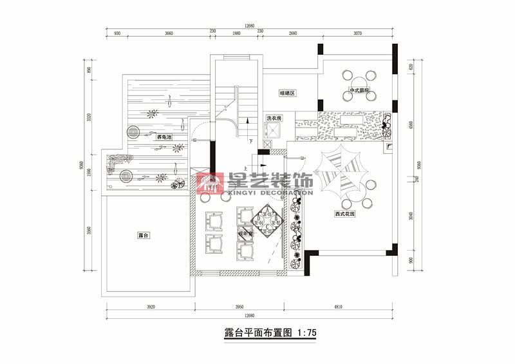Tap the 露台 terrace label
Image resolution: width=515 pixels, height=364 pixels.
pyautogui.click(x=144, y=236)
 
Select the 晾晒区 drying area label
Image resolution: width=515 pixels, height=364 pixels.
pyautogui.click(x=287, y=93)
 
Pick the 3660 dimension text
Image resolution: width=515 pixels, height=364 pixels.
pyautogui.click(x=168, y=33)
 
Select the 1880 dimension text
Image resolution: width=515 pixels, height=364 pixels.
pyautogui.click(x=236, y=33)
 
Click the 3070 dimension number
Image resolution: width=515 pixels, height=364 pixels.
pyautogui.click(x=358, y=33)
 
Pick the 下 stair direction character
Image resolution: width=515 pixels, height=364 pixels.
pyautogui.click(x=250, y=140)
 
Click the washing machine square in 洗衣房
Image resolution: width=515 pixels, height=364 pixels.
pyautogui.click(x=274, y=129)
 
